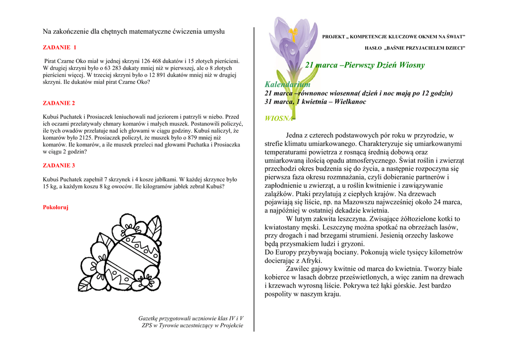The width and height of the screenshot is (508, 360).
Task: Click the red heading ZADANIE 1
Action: point(60,48)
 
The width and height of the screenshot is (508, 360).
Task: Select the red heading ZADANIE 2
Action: point(59,103)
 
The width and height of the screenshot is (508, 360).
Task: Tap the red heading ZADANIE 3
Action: point(59,165)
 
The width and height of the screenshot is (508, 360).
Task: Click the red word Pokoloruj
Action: point(56,208)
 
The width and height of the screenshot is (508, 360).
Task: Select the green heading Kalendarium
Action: point(287,84)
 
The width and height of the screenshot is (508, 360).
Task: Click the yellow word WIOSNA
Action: point(279,118)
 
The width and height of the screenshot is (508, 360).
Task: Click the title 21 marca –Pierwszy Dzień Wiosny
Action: point(365,65)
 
